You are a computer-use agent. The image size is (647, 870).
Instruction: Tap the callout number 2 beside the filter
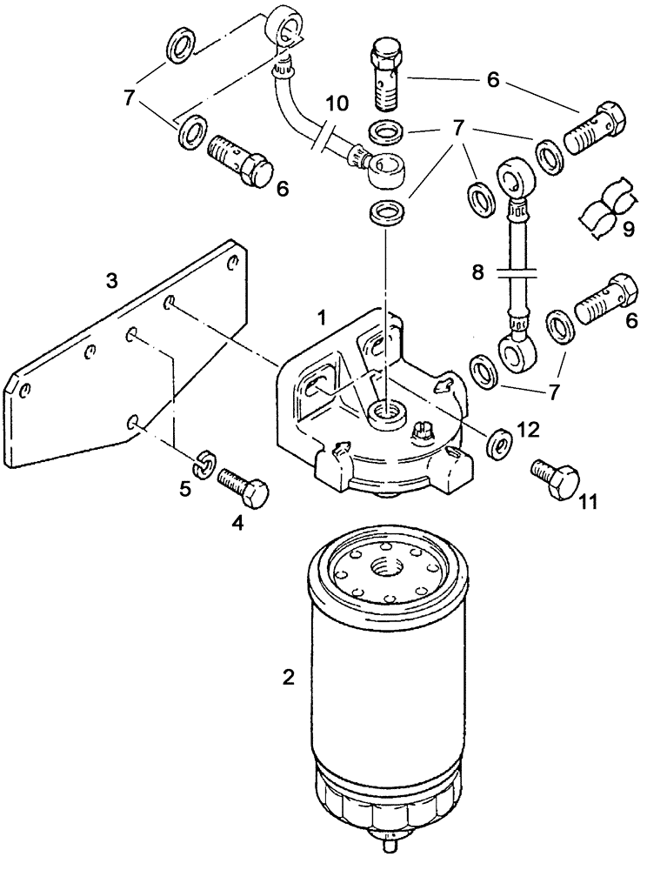288,676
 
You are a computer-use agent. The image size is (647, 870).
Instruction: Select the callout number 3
110,280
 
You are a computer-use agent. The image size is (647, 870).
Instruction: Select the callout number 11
566,501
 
